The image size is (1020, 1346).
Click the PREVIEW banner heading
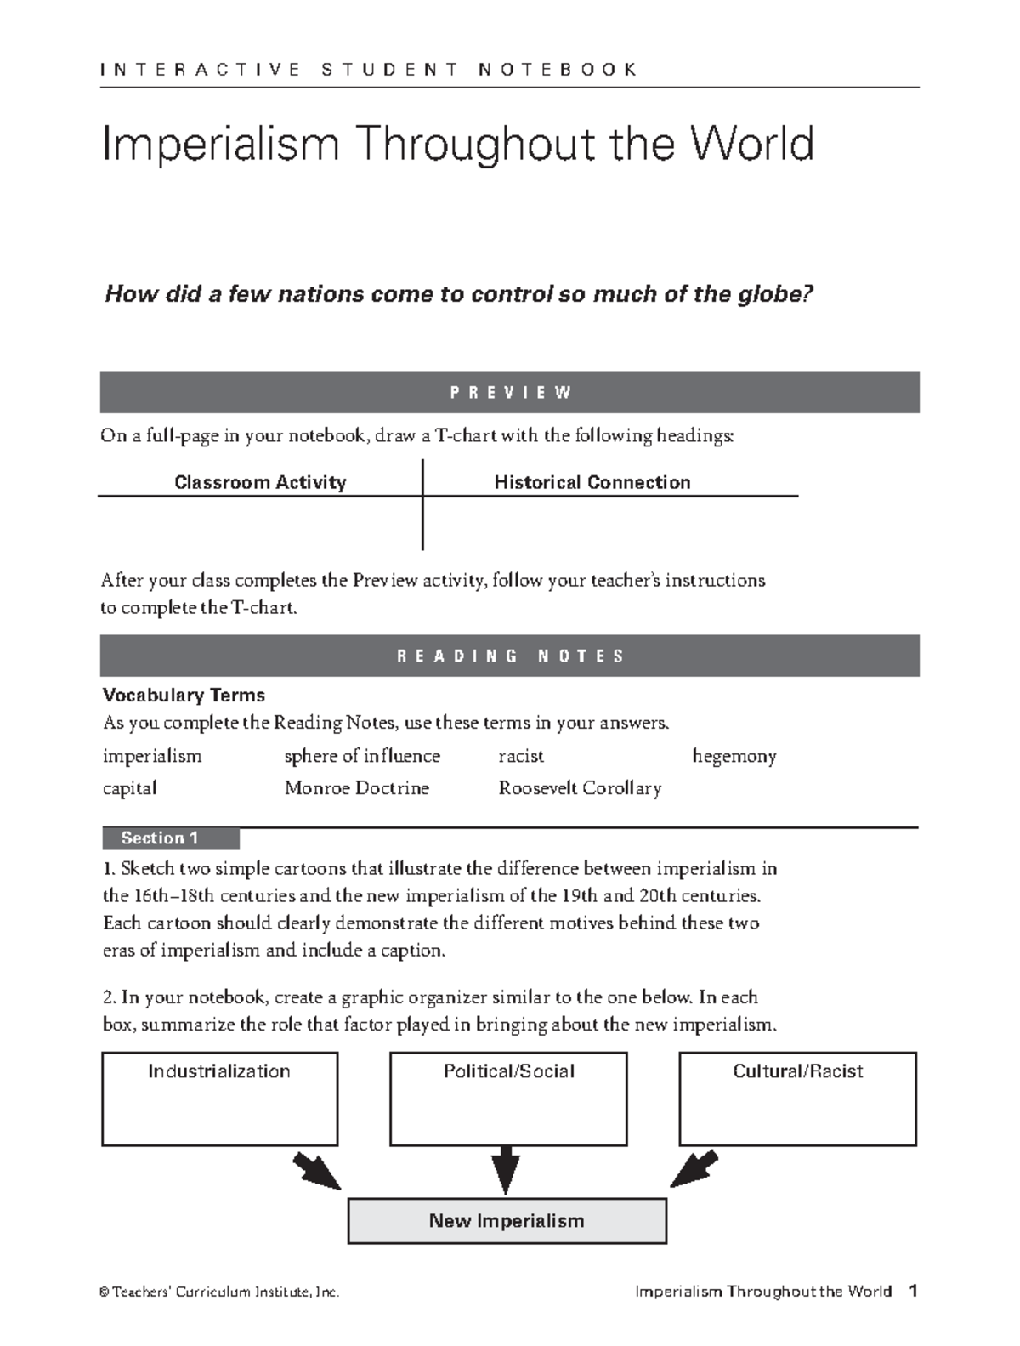coord(510,392)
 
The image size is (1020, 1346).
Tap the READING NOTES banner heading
coord(510,656)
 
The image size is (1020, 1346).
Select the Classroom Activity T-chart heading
coord(260,482)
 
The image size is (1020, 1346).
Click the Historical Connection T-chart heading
coord(592,482)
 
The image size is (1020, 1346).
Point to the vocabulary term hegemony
coord(734,756)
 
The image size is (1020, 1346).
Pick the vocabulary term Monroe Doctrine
coord(356,788)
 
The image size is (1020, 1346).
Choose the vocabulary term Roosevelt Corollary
coord(580,788)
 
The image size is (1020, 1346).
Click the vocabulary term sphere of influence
coord(362,756)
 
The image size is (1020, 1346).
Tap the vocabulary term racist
coord(520,756)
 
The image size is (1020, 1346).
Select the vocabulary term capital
coord(129,788)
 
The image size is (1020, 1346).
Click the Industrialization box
coord(219,1099)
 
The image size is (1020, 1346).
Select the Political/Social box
coord(508,1099)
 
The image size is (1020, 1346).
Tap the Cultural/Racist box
coord(797,1099)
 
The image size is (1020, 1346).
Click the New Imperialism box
coord(507,1221)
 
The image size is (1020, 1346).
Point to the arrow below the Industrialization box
coord(315,1171)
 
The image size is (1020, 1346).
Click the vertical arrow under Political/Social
coord(506,1169)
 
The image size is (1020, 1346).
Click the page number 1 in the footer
coord(913,1292)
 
